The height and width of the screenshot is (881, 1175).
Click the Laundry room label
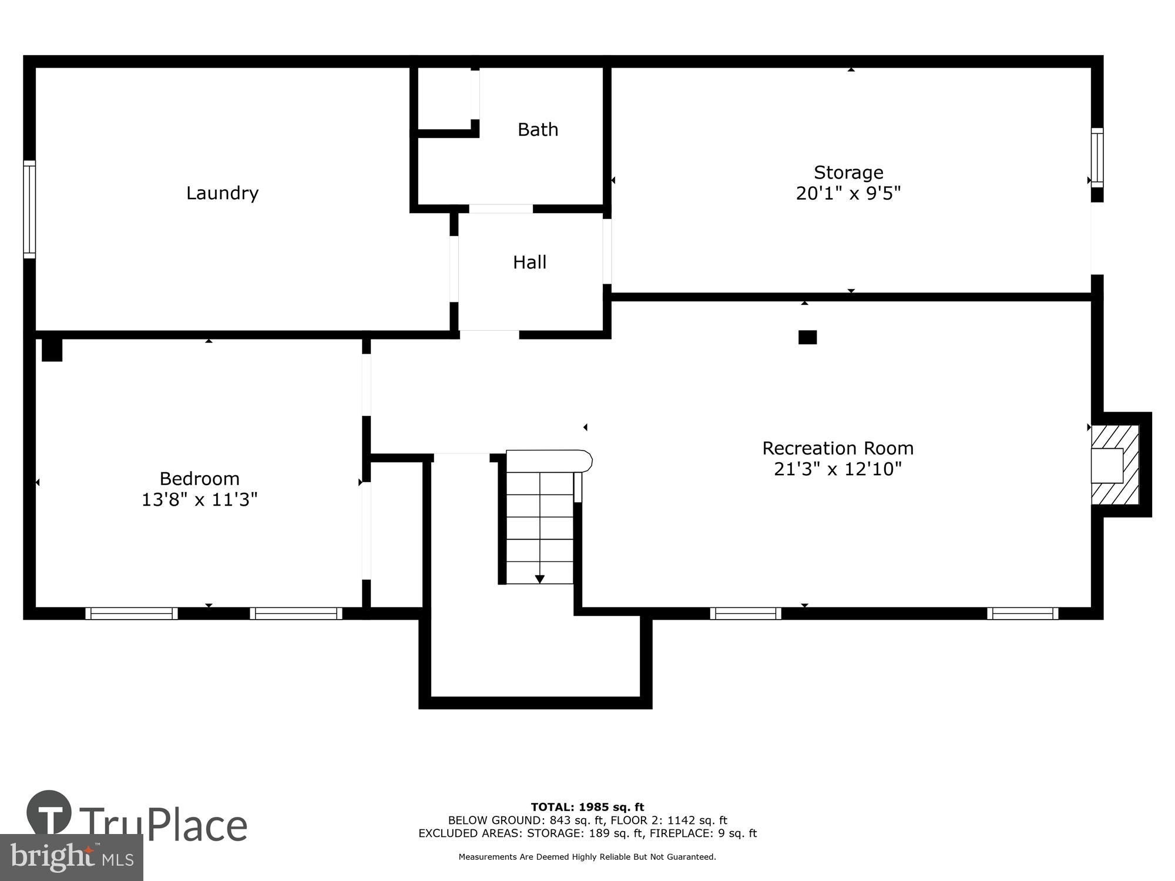(222, 193)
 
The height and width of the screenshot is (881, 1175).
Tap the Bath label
(538, 130)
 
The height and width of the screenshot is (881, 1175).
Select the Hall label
(529, 263)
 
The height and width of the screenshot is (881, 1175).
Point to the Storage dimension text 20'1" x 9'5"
(848, 193)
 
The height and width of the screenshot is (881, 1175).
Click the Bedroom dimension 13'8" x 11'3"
(199, 500)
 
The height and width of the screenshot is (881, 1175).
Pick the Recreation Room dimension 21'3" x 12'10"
(837, 469)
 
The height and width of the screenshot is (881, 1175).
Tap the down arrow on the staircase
(539, 579)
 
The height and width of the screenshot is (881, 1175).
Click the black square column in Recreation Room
(807, 337)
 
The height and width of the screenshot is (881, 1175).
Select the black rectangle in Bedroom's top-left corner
(52, 350)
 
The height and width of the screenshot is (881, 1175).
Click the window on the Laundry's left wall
(29, 209)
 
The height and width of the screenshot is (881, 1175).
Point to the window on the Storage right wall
(1097, 157)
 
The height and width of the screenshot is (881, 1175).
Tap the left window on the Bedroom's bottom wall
(132, 613)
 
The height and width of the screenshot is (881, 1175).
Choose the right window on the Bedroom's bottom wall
(296, 613)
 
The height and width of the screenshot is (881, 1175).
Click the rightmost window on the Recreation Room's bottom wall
(1022, 613)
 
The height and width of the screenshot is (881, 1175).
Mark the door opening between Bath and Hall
(501, 209)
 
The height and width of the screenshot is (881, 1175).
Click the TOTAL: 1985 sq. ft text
(587, 807)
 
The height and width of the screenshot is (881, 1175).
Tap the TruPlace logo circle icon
(49, 813)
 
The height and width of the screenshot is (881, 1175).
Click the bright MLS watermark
(71, 858)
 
